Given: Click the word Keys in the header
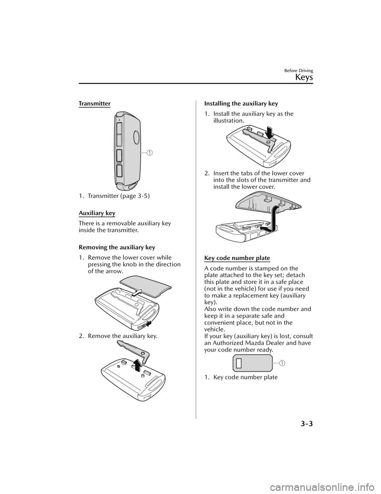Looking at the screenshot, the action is coord(304,78).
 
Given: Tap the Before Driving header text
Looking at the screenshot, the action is coord(299,71).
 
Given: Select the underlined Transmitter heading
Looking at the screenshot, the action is coord(94,104).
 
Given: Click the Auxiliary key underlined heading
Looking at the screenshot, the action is coord(97,213).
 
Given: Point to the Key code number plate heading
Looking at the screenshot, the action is coord(237,258).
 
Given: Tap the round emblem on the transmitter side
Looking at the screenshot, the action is coord(136,137).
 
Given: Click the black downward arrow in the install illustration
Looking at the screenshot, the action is coord(271,133).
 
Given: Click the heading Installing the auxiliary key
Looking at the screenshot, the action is coord(241,104).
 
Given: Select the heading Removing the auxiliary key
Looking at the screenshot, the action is coord(117,247).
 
